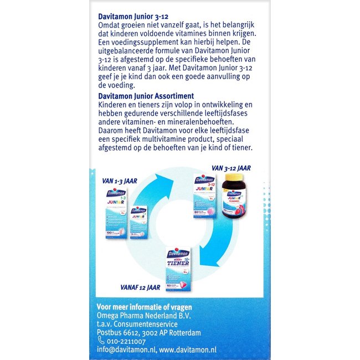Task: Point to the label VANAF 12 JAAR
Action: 141,287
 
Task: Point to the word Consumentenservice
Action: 145,324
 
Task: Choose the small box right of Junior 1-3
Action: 138,222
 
